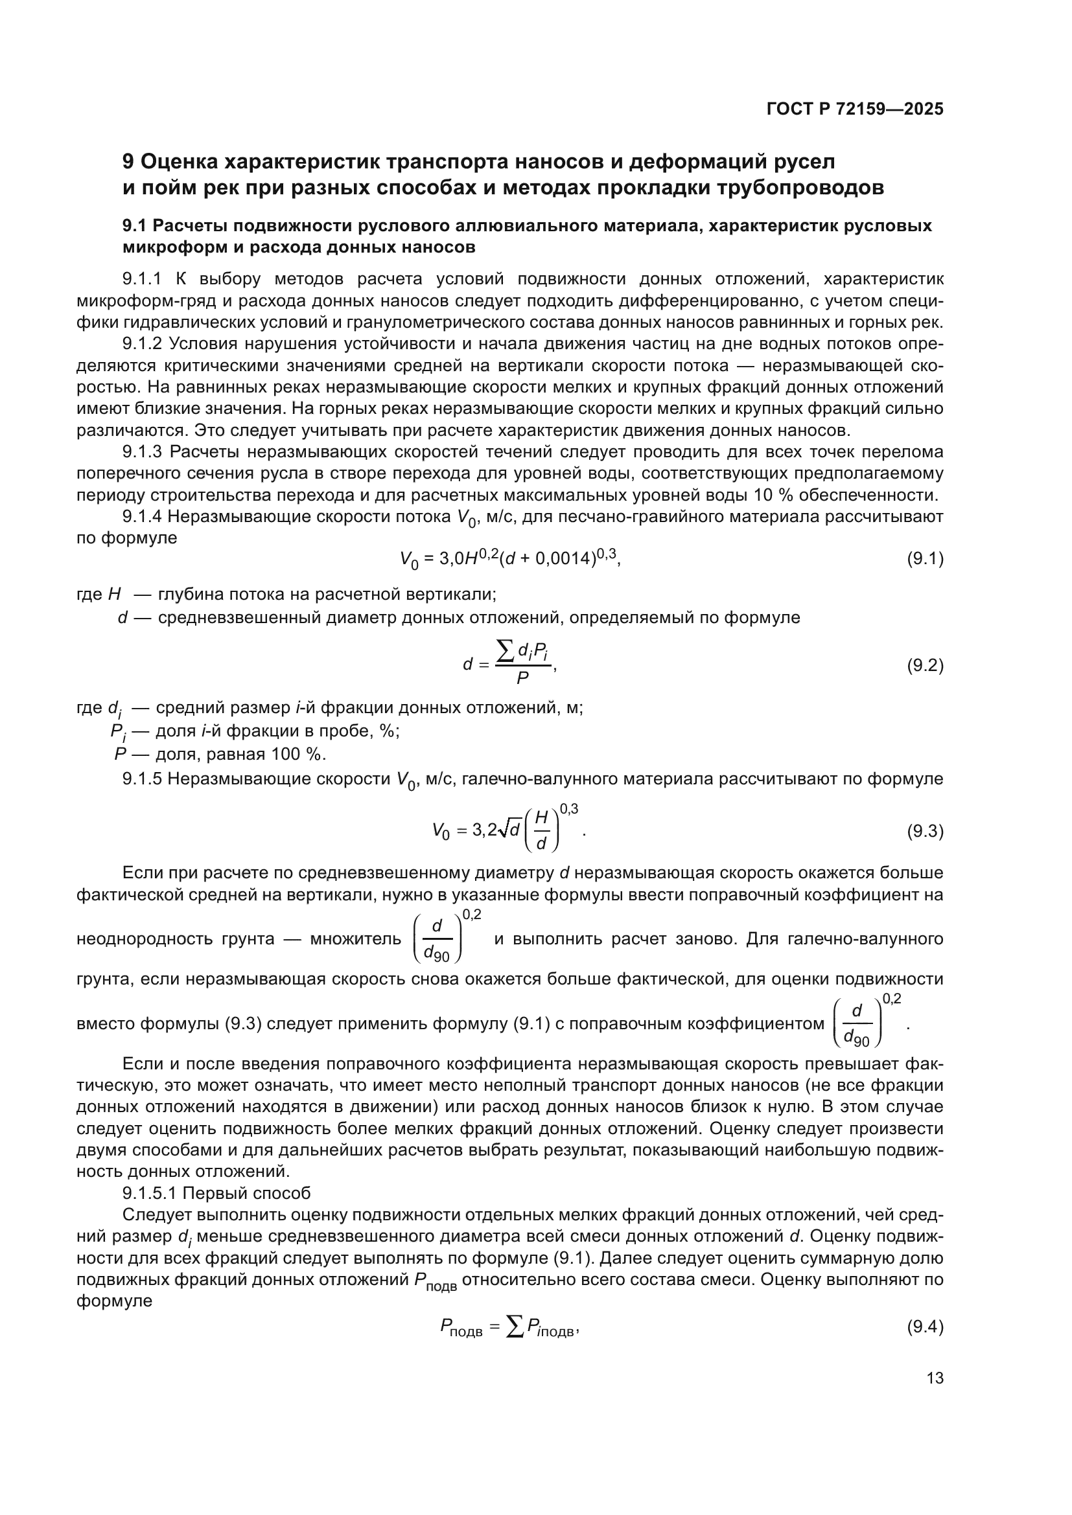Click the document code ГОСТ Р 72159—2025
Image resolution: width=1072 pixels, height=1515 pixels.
855,109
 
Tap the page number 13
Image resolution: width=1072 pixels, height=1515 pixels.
935,1378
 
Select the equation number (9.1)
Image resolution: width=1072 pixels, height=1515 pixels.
925,559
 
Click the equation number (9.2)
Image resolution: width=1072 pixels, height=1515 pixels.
925,665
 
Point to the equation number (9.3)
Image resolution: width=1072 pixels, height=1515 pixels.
925,831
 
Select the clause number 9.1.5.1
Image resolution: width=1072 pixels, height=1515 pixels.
152,1193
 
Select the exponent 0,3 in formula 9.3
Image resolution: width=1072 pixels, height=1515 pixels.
569,809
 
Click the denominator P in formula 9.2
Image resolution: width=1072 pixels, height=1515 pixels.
522,678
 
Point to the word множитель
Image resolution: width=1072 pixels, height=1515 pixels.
355,939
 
